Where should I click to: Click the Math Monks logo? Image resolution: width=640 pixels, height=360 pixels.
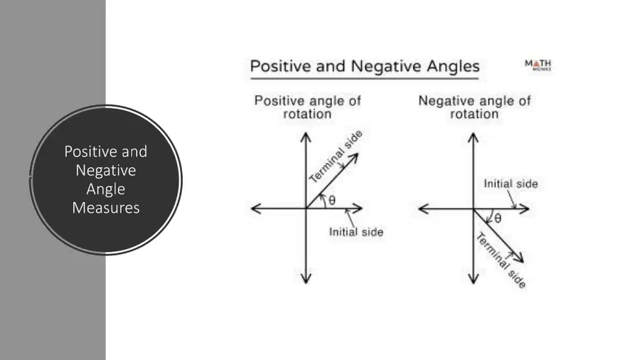coord(538,65)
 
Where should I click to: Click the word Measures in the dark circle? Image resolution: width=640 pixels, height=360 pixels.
coord(106,208)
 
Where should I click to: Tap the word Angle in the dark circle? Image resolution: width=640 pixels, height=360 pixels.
coord(106,189)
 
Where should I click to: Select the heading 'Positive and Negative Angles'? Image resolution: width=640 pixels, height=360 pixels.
coord(365,66)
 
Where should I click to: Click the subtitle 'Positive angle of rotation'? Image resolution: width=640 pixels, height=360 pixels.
coord(308,107)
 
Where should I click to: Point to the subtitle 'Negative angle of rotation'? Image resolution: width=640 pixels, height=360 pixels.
coord(474,107)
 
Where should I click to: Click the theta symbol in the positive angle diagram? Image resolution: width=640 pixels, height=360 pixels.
coord(332,201)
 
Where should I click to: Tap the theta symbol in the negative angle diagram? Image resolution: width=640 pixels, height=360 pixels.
coord(498,219)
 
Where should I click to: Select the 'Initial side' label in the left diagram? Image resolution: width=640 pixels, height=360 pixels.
coord(356,232)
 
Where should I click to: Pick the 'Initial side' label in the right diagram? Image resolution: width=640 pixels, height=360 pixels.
coord(511,184)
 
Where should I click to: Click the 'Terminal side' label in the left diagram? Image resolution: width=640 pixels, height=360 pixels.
coord(336,157)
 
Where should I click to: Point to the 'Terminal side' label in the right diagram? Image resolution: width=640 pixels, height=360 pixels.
coord(501,260)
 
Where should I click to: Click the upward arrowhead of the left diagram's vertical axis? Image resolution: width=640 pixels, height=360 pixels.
coord(306,137)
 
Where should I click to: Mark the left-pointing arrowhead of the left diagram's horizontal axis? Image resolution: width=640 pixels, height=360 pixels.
coord(255,208)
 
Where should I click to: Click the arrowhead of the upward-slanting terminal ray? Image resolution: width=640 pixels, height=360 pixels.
coord(354,157)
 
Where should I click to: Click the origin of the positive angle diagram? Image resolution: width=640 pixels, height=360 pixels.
coord(306,208)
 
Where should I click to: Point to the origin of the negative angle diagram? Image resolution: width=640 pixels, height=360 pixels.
coord(474,209)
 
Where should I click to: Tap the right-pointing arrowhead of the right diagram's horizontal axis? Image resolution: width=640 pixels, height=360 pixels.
coord(525,209)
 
